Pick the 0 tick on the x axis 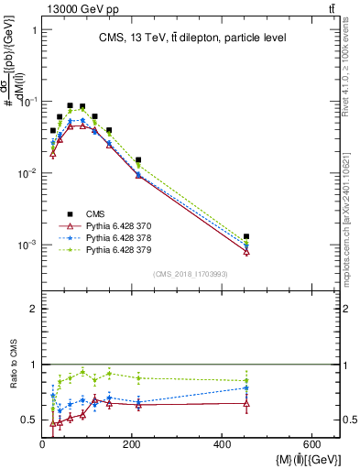[x=43, y=445]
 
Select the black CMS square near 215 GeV [x=138, y=160]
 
